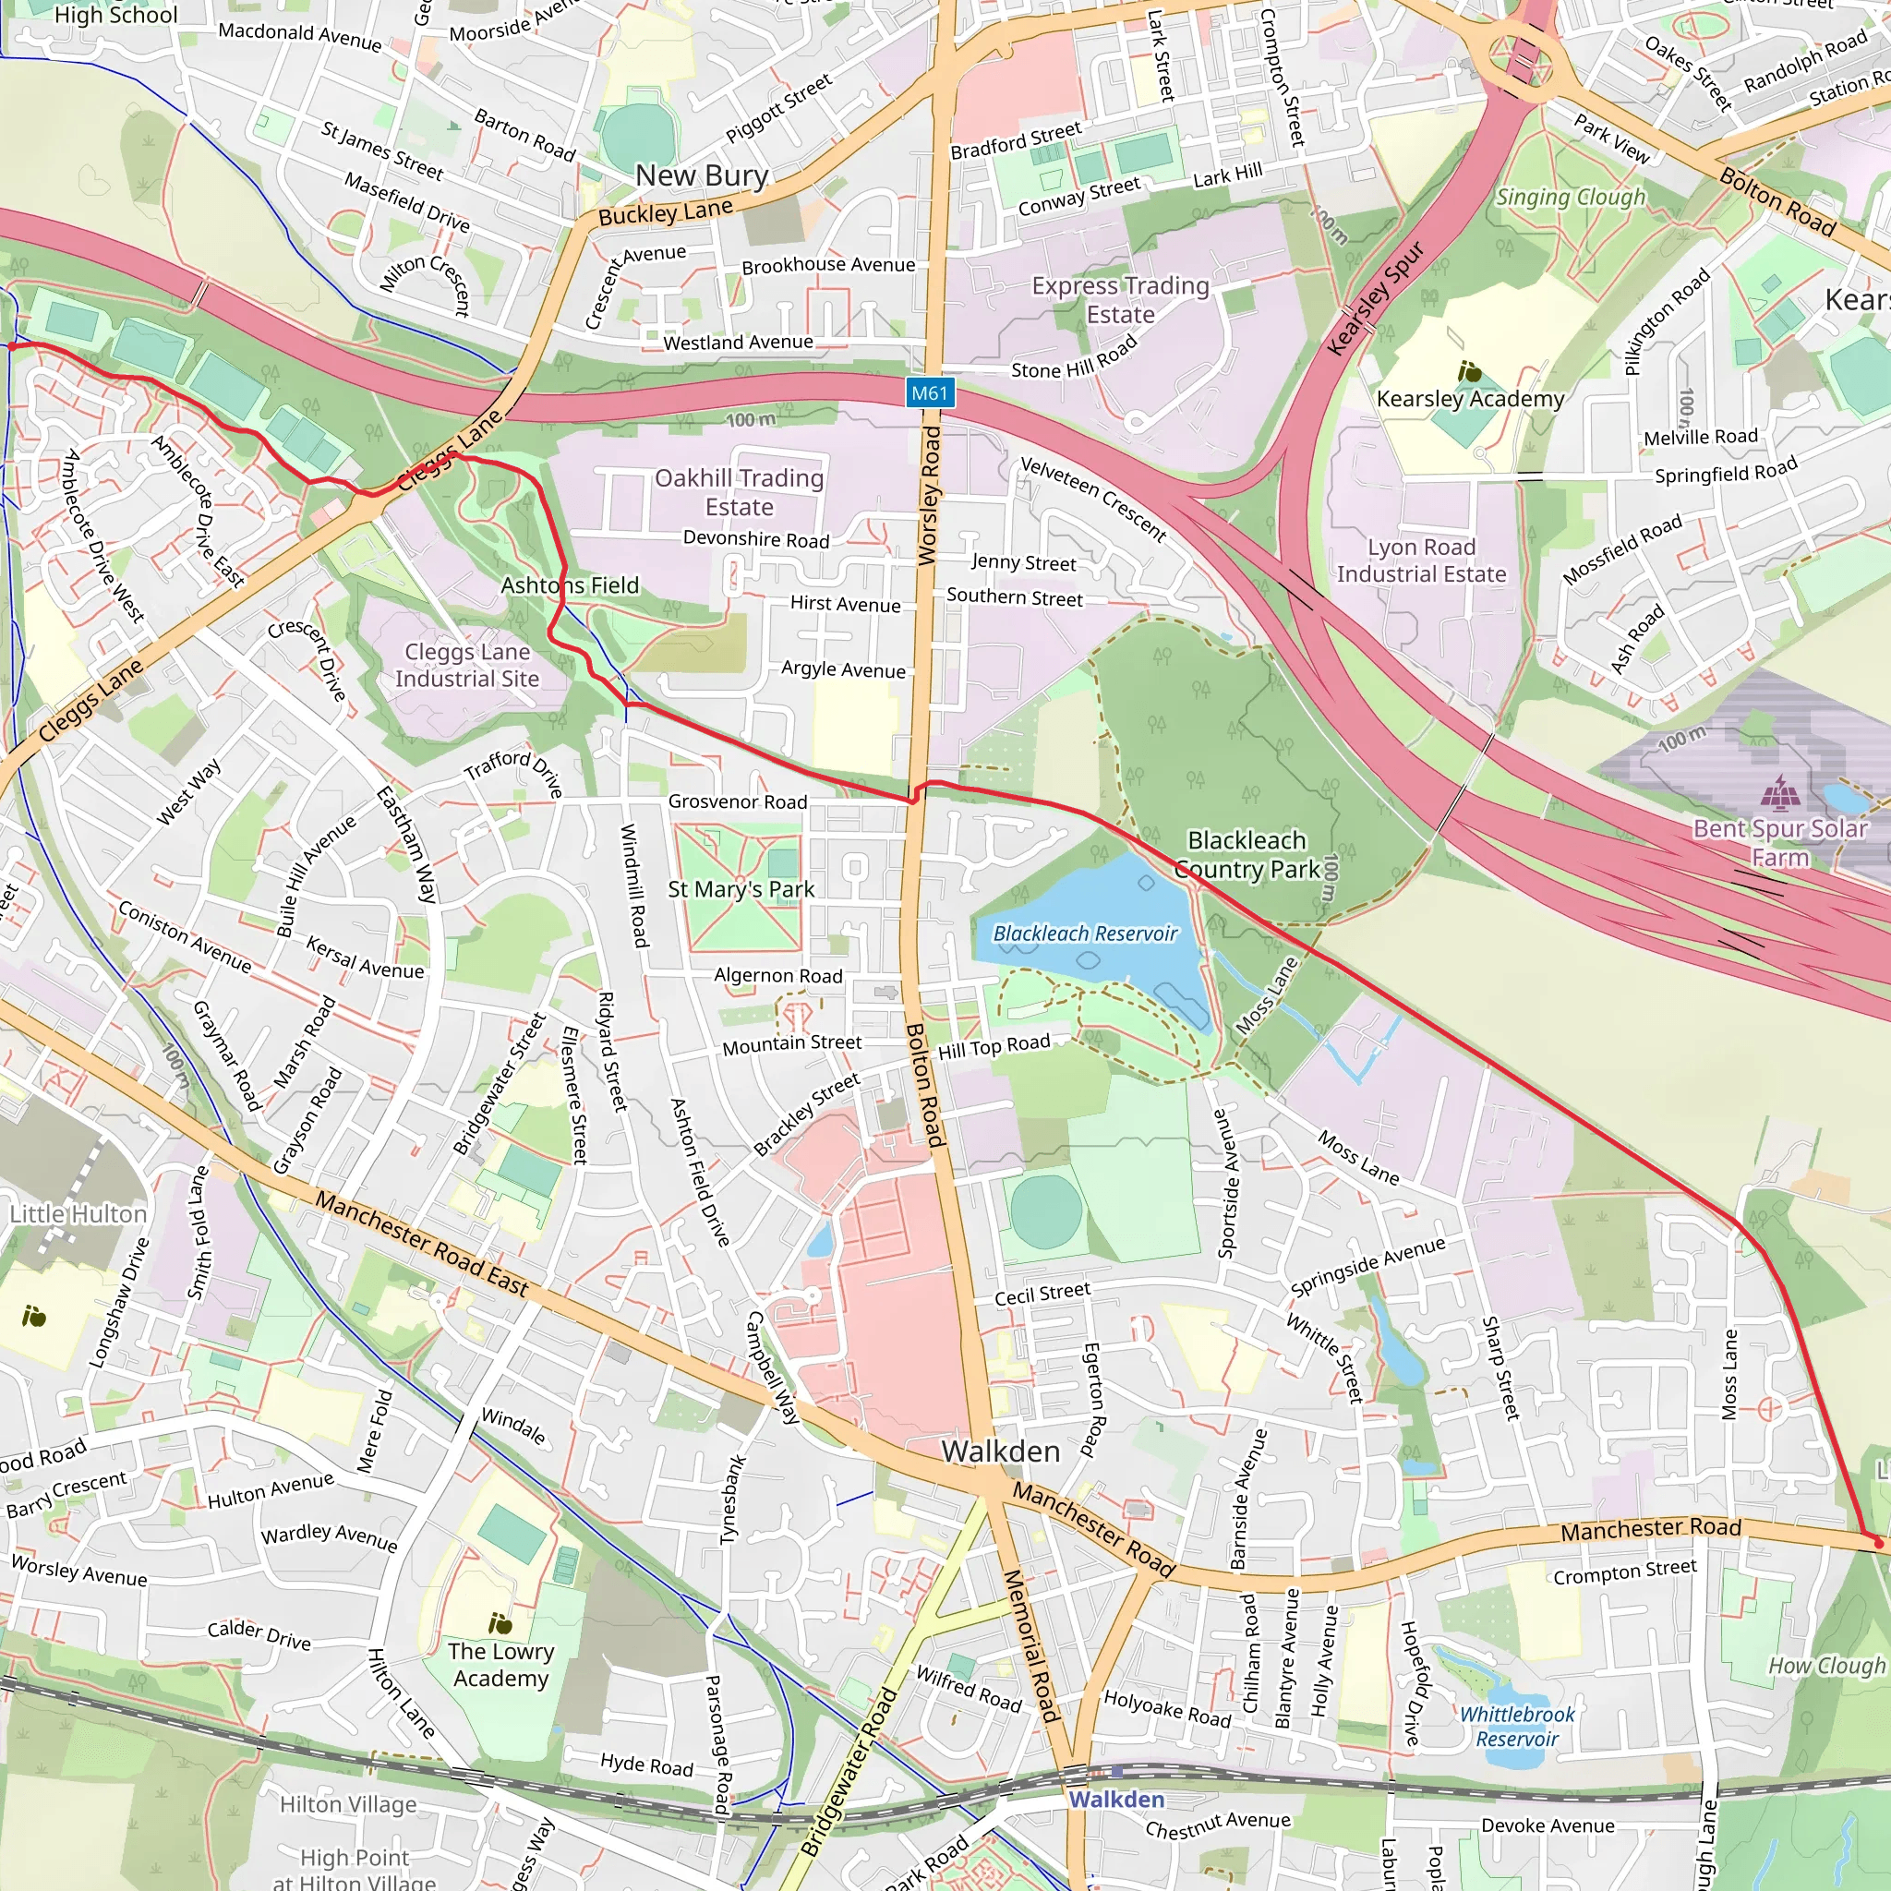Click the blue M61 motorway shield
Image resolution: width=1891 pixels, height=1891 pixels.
point(929,393)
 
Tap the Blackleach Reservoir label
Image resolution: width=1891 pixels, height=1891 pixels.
point(1085,933)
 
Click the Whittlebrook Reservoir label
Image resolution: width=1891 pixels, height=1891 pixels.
point(1516,1727)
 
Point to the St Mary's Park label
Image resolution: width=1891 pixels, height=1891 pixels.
point(741,889)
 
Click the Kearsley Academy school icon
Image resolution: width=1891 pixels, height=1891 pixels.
point(1469,372)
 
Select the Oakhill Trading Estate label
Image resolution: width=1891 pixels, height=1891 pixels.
point(739,492)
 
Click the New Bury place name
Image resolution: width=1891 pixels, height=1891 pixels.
point(701,175)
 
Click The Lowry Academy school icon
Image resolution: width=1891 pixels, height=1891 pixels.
point(500,1624)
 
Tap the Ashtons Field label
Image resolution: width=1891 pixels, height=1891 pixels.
point(570,585)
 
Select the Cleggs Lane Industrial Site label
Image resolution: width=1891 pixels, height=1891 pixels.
point(467,666)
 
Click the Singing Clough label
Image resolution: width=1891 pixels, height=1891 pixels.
point(1570,198)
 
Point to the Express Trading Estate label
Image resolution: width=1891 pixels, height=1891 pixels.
point(1120,299)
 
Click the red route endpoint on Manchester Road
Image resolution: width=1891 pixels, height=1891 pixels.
point(1877,1543)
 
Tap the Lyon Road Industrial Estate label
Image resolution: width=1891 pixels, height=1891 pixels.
point(1421,560)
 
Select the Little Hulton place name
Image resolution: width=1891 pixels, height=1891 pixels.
point(78,1213)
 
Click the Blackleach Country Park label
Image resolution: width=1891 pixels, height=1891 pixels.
point(1246,854)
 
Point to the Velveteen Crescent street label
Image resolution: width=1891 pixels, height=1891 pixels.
point(1093,500)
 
